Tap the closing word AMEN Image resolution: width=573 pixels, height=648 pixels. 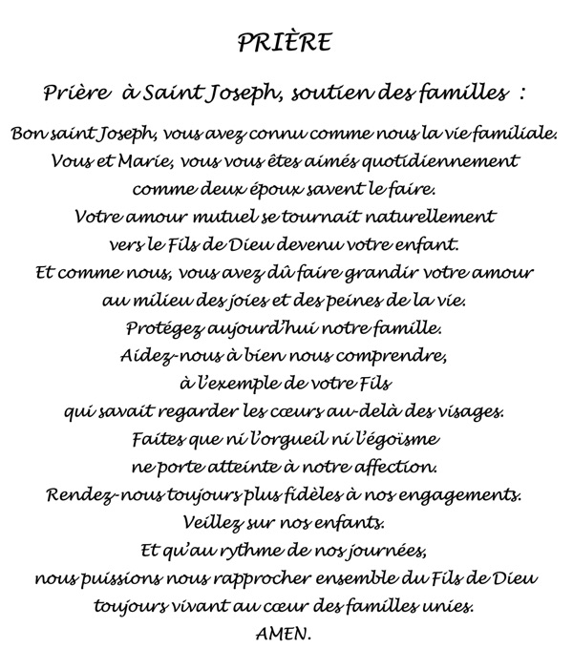pyautogui.click(x=285, y=632)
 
